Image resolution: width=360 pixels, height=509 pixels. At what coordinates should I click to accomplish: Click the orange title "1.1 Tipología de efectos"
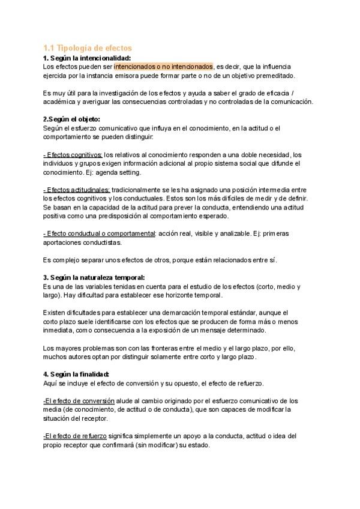click(x=88, y=47)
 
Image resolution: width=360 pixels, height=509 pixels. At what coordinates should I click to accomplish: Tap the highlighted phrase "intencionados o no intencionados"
click(x=163, y=67)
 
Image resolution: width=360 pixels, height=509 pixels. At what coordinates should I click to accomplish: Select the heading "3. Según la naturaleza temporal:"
click(x=94, y=277)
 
